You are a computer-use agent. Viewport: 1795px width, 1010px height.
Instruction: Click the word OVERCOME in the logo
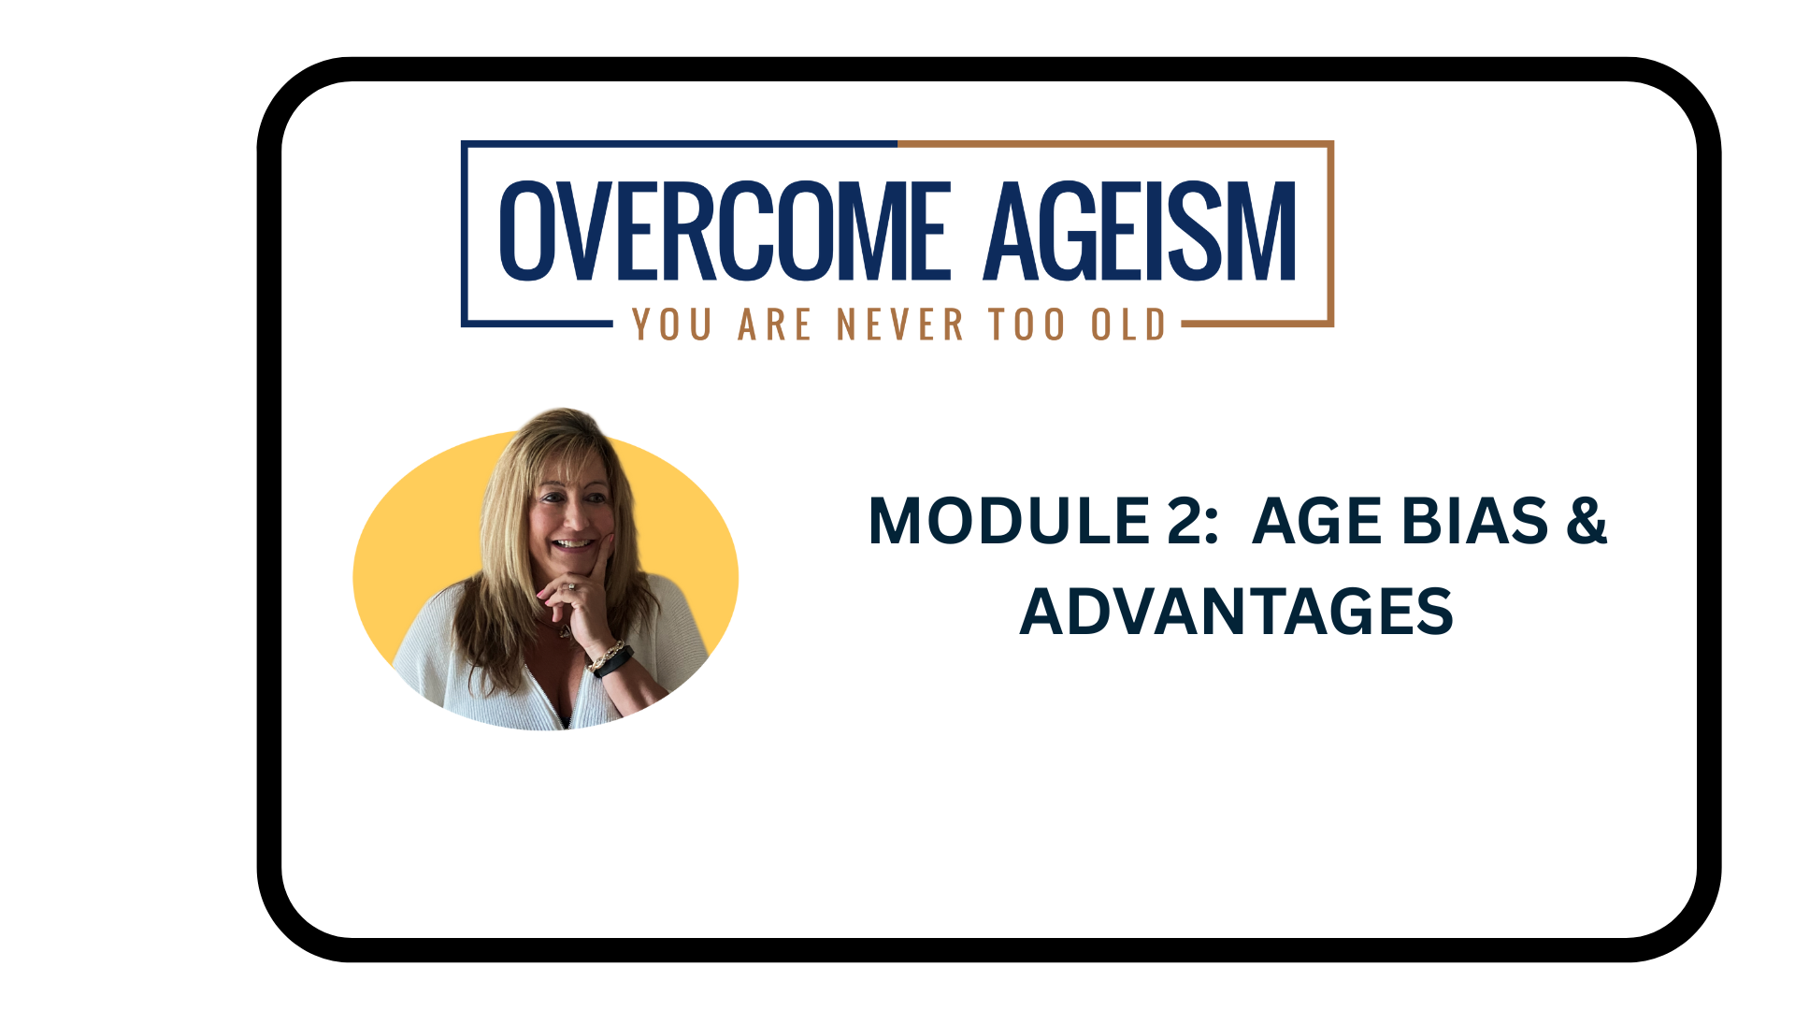[x=725, y=231]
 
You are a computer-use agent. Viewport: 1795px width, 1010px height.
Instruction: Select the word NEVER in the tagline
[x=899, y=325]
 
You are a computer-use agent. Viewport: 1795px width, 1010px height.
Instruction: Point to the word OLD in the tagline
[x=1128, y=325]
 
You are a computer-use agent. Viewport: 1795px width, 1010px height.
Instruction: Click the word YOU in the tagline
[x=672, y=325]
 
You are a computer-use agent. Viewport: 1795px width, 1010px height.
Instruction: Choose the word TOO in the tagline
[x=1027, y=325]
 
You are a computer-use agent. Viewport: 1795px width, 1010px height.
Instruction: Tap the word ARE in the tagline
[x=774, y=325]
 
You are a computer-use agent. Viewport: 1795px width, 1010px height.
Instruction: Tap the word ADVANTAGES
[x=1236, y=612]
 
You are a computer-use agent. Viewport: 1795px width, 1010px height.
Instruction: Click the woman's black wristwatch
[x=614, y=662]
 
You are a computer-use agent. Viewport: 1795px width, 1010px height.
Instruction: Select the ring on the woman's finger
[x=570, y=587]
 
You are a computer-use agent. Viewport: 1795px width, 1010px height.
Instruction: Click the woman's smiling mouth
[x=574, y=543]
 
